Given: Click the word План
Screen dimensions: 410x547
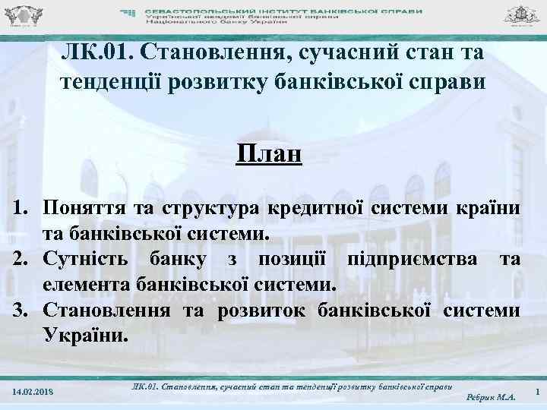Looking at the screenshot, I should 269,154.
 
